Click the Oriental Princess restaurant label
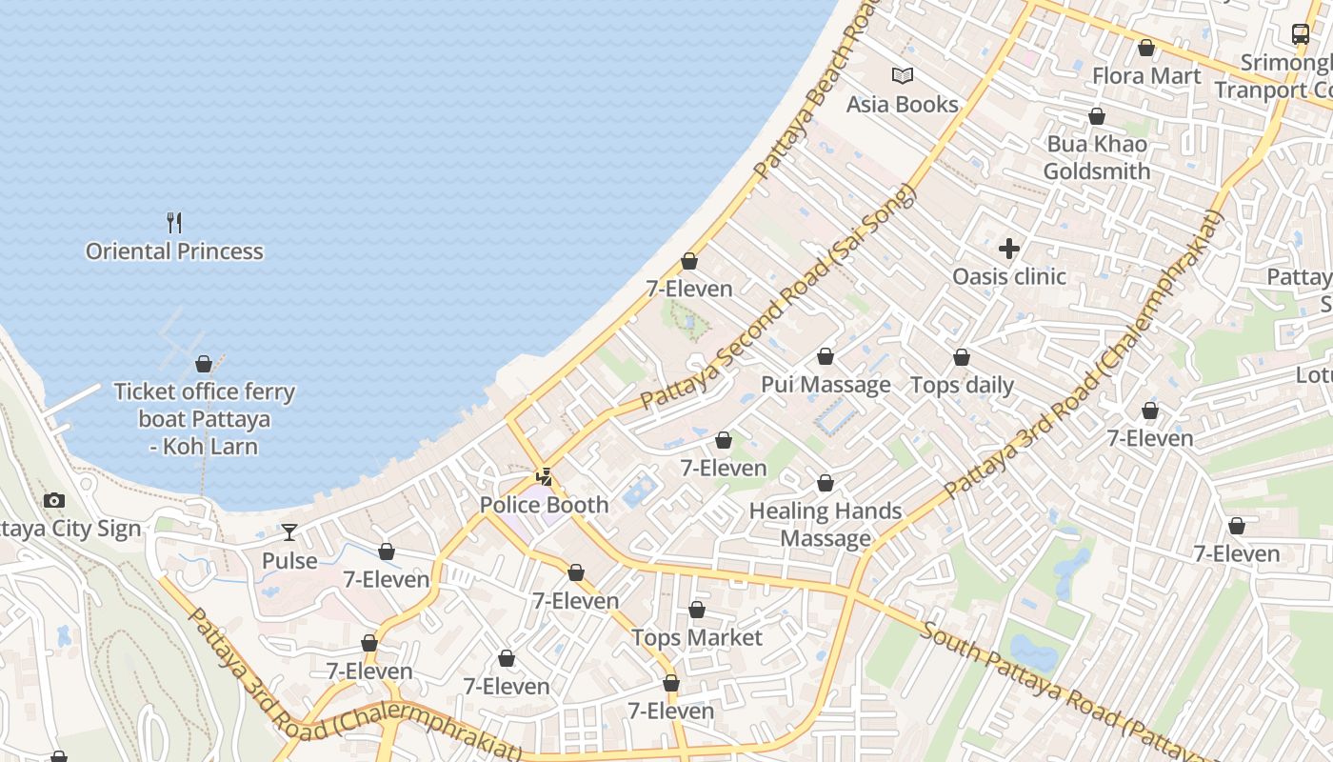[x=174, y=251]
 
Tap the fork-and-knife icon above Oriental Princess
[x=174, y=223]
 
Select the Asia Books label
[x=902, y=104]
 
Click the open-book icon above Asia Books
[x=902, y=75]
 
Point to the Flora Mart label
[x=1146, y=76]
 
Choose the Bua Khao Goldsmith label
[x=1097, y=158]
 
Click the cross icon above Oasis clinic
[x=1009, y=250]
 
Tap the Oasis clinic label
[x=1009, y=277]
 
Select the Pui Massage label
[x=826, y=385]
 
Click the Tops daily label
[x=962, y=386]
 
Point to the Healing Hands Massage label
[x=826, y=525]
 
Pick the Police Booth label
[x=544, y=505]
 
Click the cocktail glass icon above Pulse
[x=289, y=531]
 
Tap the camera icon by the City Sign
[x=54, y=501]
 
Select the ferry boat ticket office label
[x=204, y=419]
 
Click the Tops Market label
[x=697, y=637]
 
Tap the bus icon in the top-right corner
[x=1301, y=34]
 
